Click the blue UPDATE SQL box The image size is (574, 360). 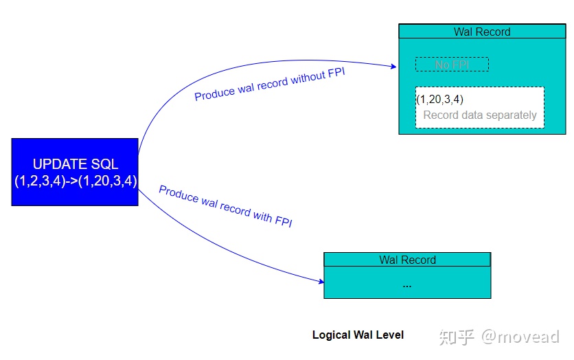[x=75, y=172]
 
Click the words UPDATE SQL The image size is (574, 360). [x=75, y=164]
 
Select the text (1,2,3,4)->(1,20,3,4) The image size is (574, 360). [x=75, y=181]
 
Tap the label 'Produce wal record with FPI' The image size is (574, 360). [x=226, y=206]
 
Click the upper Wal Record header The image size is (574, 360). [x=482, y=32]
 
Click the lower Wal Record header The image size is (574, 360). [x=407, y=260]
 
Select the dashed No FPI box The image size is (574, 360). [x=452, y=65]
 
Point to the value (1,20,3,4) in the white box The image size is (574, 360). [x=440, y=100]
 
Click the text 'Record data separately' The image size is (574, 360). [x=480, y=115]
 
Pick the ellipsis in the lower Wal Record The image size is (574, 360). [x=407, y=284]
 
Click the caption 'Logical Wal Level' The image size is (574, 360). [x=358, y=335]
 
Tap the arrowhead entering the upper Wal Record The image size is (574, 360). [x=393, y=67]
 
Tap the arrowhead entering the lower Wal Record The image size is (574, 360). [x=320, y=281]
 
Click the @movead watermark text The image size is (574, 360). [x=520, y=337]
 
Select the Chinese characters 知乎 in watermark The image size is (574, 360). [x=457, y=337]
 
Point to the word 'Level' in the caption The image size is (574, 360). [x=390, y=335]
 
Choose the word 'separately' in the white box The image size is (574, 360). [x=512, y=115]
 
